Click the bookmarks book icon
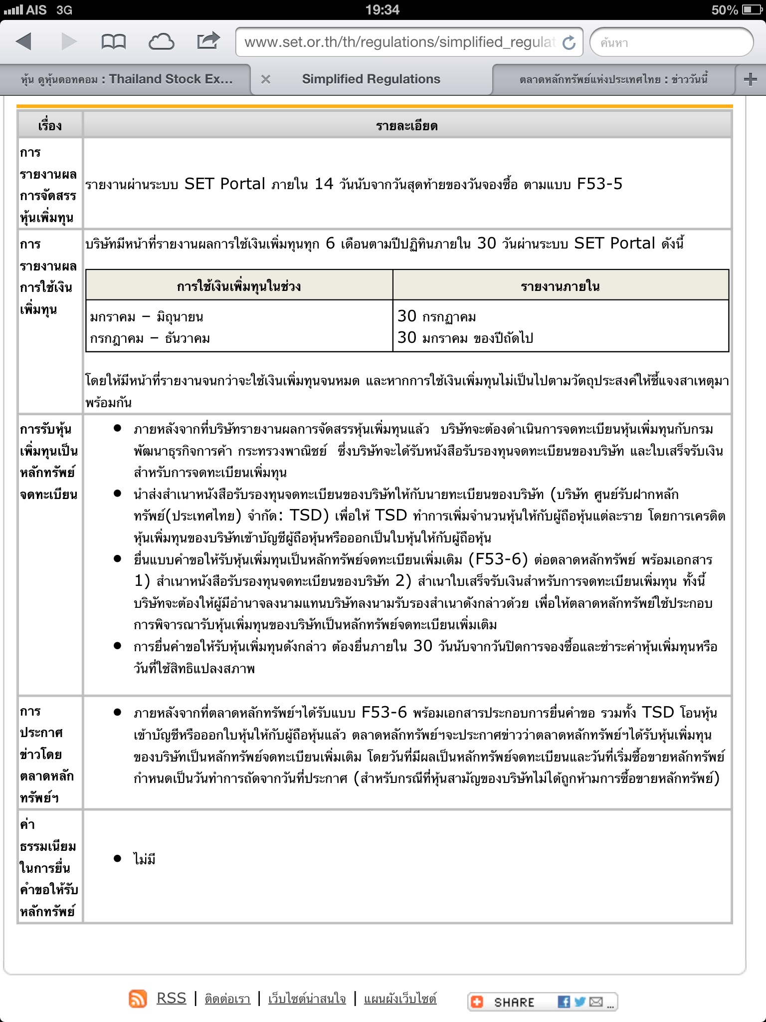coord(113,42)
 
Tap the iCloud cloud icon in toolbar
coord(161,42)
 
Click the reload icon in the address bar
coord(569,43)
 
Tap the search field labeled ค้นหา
coord(671,42)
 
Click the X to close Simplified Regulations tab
coord(266,79)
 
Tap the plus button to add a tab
coord(750,79)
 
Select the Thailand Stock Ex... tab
coord(127,79)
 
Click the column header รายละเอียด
coord(407,126)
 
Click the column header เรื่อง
coord(50,126)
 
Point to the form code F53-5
coord(599,184)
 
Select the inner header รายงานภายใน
coord(560,286)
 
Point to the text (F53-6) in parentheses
coord(498,559)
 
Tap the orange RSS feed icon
coord(138,999)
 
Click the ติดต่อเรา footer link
coord(227,999)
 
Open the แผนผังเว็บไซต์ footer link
coord(400,999)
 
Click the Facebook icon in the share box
coord(564,1002)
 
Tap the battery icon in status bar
coord(752,9)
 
